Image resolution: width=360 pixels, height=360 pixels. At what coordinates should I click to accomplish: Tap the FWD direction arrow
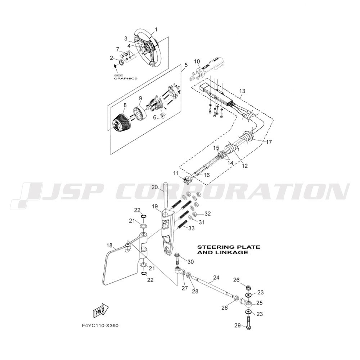[x=100, y=310]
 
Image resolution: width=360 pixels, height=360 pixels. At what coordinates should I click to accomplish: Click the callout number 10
[x=197, y=62]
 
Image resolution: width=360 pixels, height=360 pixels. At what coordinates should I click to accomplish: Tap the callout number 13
[x=242, y=91]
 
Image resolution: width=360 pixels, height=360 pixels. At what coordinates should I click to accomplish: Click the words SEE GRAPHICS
[x=126, y=77]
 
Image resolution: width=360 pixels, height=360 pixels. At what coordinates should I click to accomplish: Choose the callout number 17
[x=269, y=142]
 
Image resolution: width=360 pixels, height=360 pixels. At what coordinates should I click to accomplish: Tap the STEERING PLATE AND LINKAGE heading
[x=229, y=249]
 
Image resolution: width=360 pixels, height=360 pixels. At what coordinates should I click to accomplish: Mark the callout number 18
[x=109, y=246]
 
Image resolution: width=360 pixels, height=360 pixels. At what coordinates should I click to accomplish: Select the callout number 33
[x=191, y=229]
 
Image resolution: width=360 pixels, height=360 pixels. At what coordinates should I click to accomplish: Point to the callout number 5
[x=186, y=65]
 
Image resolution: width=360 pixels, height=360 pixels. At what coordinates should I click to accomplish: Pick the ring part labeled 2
[x=121, y=62]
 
